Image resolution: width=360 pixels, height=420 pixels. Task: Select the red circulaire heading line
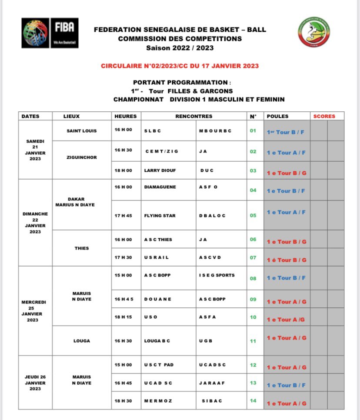tap(180, 66)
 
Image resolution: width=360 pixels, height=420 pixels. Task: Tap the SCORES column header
tap(324, 116)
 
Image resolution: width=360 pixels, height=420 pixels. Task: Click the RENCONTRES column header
tap(194, 116)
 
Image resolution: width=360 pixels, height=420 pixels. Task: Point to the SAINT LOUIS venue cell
tap(82, 130)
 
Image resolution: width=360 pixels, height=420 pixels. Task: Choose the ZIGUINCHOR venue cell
tap(82, 157)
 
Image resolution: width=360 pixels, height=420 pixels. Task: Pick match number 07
tap(253, 257)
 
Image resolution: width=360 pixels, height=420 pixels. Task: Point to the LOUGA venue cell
tap(82, 341)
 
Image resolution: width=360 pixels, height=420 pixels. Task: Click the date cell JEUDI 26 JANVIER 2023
tap(35, 383)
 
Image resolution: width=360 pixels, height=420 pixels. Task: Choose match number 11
tap(253, 341)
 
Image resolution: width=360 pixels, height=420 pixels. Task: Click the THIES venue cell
tap(82, 248)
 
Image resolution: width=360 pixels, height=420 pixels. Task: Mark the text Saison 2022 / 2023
tap(180, 47)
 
